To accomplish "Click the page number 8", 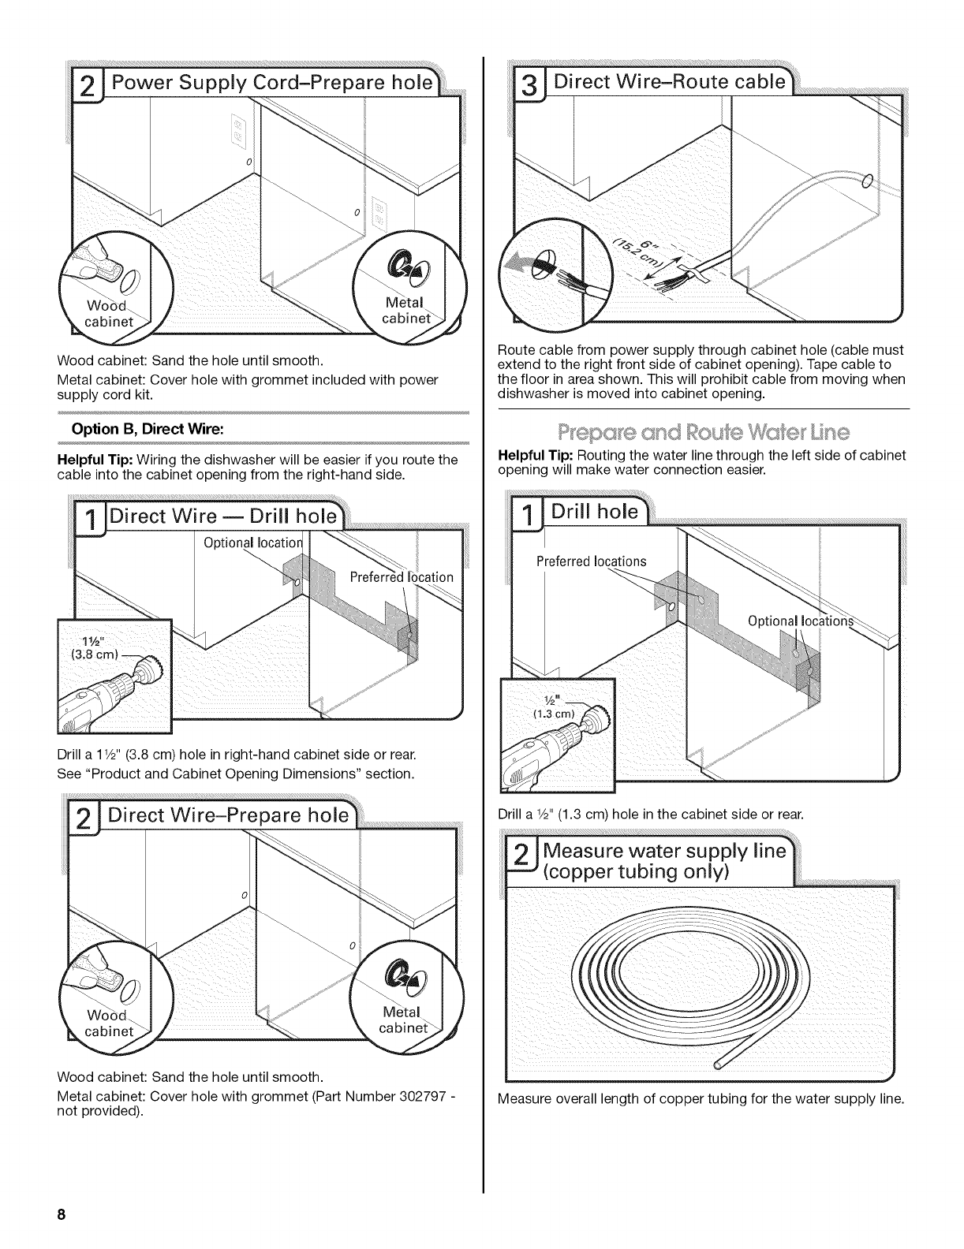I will (x=59, y=1215).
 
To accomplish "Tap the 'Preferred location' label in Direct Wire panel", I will (x=401, y=577).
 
